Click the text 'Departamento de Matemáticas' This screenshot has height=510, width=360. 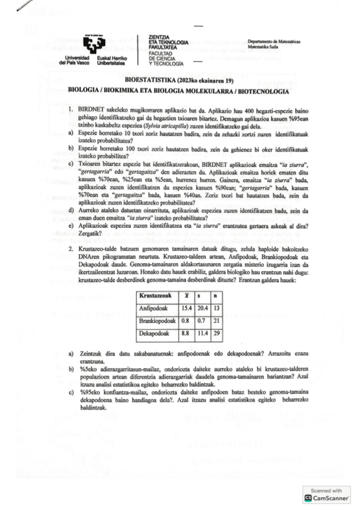click(x=274, y=41)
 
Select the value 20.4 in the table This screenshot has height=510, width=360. click(x=203, y=308)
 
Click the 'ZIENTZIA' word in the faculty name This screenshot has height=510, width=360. click(x=158, y=37)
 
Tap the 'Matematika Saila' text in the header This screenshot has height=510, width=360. click(x=265, y=46)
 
